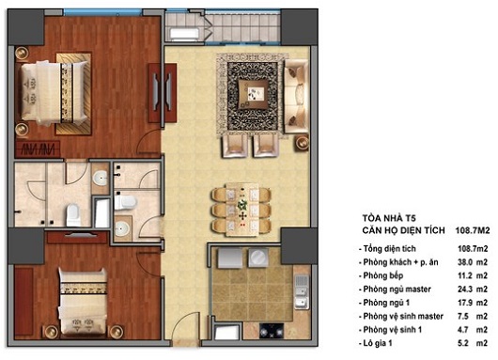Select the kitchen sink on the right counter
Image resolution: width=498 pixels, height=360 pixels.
(300, 283)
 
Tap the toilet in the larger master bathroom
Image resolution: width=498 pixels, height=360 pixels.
(72, 211)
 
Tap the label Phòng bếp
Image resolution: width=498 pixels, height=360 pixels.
(388, 275)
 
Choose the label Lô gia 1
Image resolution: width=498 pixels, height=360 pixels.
(383, 352)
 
